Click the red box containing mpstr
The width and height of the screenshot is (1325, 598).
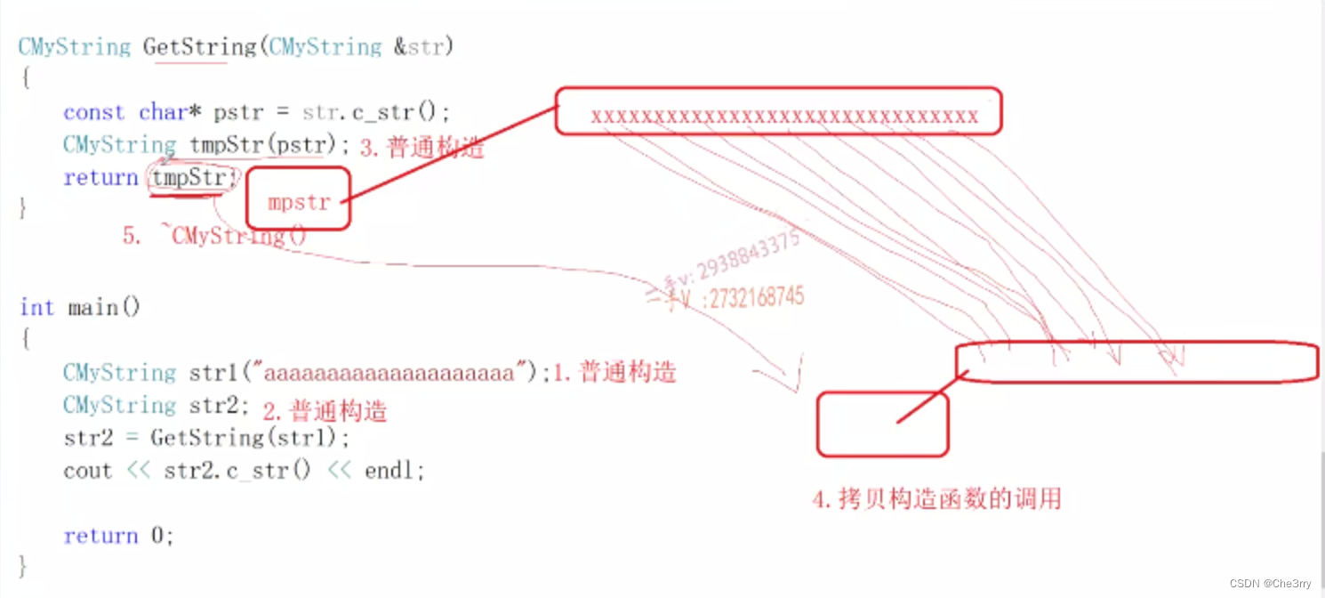click(x=298, y=198)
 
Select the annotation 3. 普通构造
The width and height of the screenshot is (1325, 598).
click(x=422, y=148)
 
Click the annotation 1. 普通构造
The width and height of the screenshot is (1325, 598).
click(x=614, y=372)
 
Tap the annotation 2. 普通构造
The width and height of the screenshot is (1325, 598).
click(x=325, y=411)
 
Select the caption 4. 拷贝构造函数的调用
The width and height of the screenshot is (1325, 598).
click(x=937, y=499)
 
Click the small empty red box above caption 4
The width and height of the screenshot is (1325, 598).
click(x=882, y=424)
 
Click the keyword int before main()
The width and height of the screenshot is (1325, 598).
click(x=36, y=308)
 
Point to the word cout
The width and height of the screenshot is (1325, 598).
click(x=87, y=471)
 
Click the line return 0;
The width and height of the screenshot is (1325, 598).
click(x=118, y=536)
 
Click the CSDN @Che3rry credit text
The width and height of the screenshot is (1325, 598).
click(x=1270, y=583)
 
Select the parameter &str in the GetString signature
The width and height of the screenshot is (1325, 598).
click(x=418, y=47)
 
